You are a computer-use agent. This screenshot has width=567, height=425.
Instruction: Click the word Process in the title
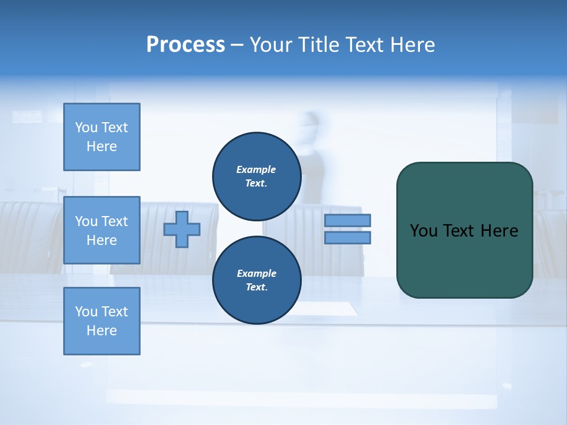(x=185, y=45)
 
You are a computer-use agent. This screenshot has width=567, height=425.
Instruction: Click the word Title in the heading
(x=321, y=45)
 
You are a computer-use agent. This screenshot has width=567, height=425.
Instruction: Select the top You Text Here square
(x=102, y=137)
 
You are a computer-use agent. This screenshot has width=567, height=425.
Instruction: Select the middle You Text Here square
(x=102, y=230)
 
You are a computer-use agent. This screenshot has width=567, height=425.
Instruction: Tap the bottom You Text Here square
(x=102, y=321)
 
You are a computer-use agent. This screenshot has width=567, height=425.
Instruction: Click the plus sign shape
(x=182, y=229)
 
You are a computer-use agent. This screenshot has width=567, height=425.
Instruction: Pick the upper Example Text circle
(x=256, y=176)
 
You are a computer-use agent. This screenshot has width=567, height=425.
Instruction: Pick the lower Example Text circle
(x=256, y=280)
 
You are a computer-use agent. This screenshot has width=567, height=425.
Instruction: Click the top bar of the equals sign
(x=347, y=220)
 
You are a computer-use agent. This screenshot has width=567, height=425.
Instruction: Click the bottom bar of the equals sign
(x=347, y=237)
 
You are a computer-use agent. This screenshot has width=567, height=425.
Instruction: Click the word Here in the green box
(x=499, y=231)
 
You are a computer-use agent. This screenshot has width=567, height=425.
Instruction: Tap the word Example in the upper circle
(x=256, y=169)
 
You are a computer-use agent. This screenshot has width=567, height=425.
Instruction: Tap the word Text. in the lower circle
(x=256, y=287)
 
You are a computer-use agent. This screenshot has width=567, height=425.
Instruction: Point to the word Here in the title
(x=413, y=45)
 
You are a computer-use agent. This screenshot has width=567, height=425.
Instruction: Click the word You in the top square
(x=86, y=127)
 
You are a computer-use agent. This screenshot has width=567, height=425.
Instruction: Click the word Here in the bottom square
(x=102, y=331)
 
